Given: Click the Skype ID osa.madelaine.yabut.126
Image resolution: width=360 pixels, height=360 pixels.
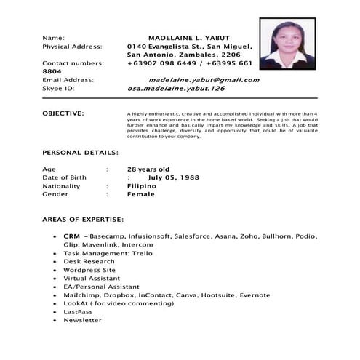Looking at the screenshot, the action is point(176,89).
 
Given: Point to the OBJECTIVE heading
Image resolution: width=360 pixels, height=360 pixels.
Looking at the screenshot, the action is point(63,113).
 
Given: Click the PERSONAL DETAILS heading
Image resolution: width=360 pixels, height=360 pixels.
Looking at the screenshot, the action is point(81,153).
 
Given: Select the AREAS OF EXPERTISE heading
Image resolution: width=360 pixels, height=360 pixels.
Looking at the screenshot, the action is point(83,219).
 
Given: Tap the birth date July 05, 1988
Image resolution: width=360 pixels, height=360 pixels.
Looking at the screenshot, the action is point(173,177).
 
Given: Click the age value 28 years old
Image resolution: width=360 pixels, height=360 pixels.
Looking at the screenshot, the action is point(148,169).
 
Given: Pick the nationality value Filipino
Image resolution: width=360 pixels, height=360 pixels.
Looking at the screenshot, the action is point(142,186).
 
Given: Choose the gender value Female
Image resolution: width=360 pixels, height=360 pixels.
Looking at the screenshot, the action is point(141,194).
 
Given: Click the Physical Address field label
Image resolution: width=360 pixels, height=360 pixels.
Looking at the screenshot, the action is point(72,46).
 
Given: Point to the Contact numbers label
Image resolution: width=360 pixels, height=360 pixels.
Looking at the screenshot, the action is point(73,63).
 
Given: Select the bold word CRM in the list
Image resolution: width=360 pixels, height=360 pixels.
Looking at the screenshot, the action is point(71,236).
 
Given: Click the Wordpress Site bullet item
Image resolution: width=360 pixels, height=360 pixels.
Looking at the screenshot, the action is point(89,270).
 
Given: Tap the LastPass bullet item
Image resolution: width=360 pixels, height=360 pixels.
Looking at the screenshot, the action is point(79,312).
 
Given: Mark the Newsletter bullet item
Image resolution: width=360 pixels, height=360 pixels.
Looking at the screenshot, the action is point(82,320).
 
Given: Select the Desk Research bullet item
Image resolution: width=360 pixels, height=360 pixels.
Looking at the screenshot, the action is point(89,262).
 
